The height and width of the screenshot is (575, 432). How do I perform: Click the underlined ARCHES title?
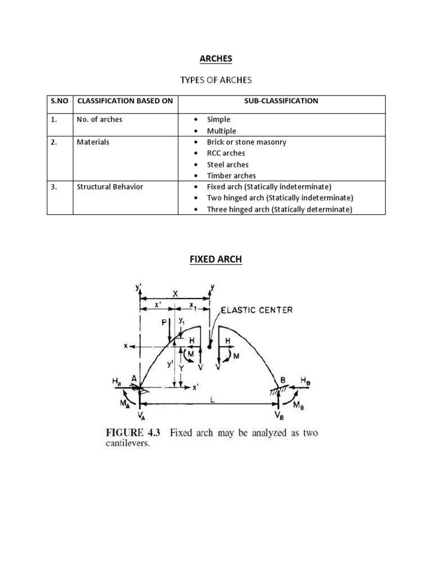coord(216,58)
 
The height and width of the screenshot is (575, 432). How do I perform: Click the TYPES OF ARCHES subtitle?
coord(216,80)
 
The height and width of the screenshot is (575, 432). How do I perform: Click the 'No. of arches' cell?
coord(100,120)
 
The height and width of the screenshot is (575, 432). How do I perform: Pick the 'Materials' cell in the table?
coord(93,142)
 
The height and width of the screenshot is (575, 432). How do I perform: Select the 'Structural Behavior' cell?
coord(110,186)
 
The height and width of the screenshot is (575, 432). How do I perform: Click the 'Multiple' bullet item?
coord(222,131)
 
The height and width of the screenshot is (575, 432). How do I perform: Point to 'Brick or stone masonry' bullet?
coord(246,142)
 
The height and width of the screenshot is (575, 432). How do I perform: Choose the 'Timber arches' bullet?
coord(231,176)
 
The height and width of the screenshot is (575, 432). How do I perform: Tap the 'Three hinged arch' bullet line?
coord(280,209)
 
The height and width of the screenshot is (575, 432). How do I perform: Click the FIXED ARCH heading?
coord(216,260)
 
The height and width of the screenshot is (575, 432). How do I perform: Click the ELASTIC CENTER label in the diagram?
coord(256,309)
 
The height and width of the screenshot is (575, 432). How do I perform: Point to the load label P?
coord(164,322)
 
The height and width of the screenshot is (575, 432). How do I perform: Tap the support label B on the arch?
coord(283,380)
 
